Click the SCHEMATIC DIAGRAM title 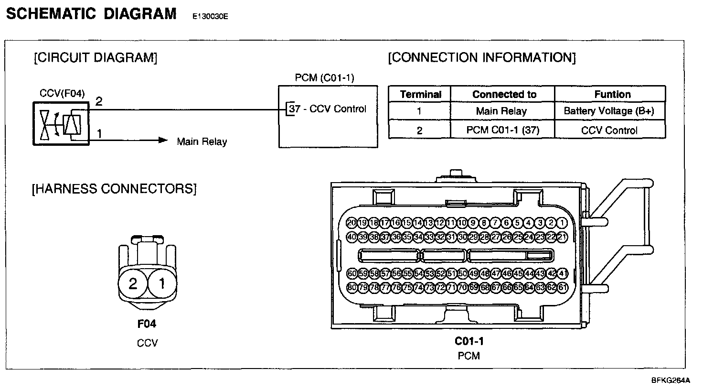(91, 14)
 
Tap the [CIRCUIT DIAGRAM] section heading (96, 58)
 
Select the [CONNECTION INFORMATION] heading (482, 58)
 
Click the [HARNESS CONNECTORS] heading (114, 189)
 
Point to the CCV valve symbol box (61, 124)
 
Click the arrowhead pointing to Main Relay (163, 141)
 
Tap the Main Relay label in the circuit (202, 141)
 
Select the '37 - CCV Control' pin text (328, 109)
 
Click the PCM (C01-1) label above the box (324, 77)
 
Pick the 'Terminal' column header (420, 94)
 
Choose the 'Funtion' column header (612, 94)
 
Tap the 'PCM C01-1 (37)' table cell (502, 130)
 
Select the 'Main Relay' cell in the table (501, 111)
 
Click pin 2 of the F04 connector (133, 284)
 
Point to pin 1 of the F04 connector (161, 284)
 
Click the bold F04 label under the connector (147, 324)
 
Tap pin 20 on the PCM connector (351, 223)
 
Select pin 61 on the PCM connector (563, 288)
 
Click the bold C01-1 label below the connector (469, 341)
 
